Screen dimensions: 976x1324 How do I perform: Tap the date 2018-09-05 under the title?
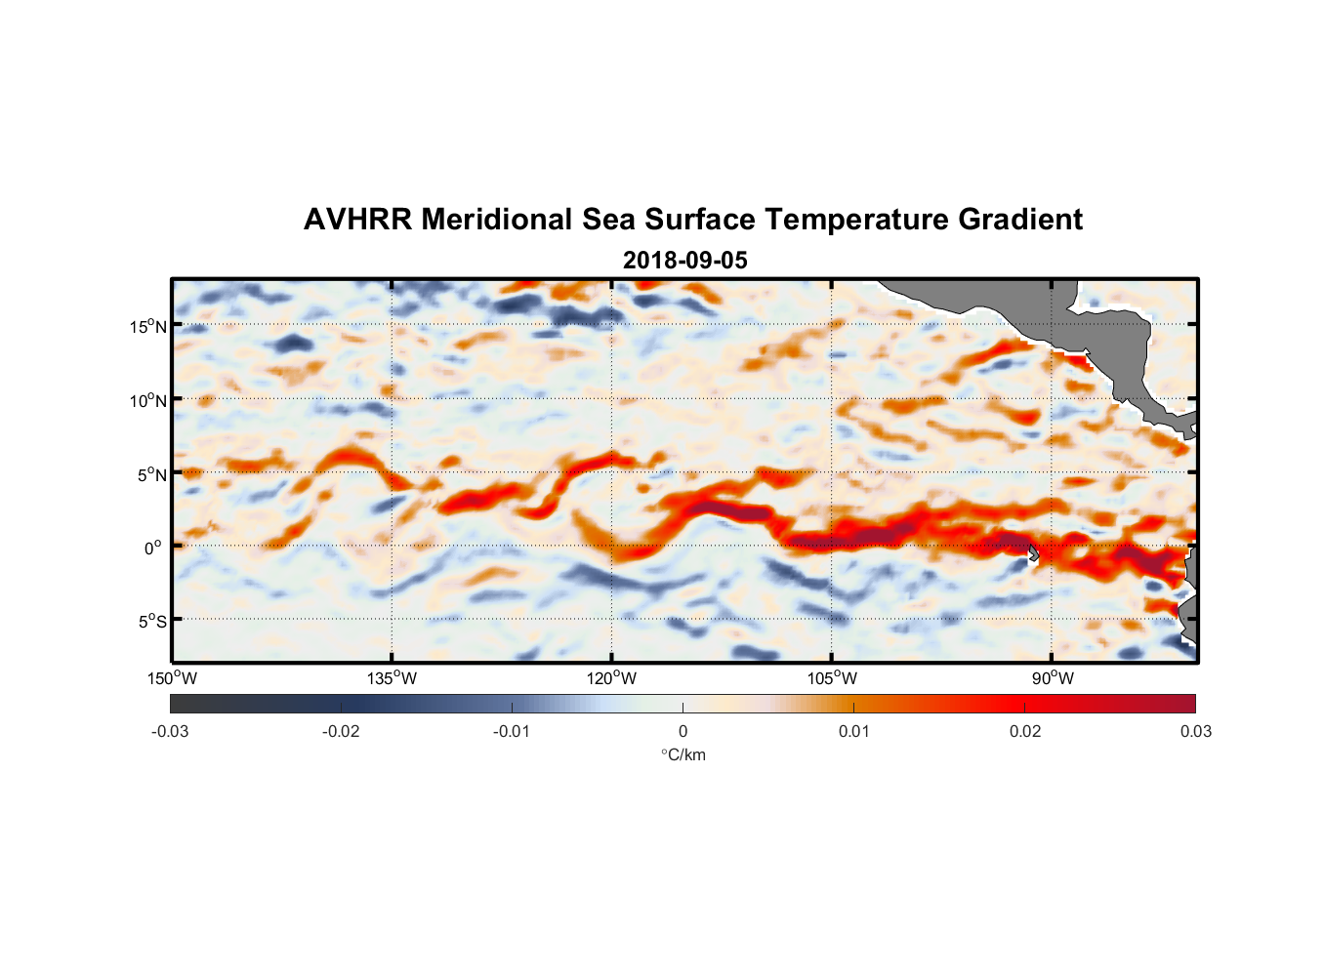[x=684, y=261]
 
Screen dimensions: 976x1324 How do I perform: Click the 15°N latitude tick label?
[x=148, y=326]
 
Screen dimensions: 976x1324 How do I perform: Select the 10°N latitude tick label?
[x=148, y=400]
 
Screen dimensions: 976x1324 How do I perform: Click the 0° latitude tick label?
[x=153, y=548]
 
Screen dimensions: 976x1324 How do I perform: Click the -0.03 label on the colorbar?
[x=170, y=732]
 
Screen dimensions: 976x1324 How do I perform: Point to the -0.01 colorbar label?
[x=512, y=732]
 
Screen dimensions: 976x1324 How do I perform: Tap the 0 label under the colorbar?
[x=683, y=732]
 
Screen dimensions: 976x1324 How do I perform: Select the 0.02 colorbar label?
[x=1025, y=732]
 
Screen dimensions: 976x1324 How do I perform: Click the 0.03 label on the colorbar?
[x=1195, y=732]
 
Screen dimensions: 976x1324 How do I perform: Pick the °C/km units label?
[x=683, y=754]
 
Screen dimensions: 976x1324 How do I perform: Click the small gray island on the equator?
[x=1033, y=553]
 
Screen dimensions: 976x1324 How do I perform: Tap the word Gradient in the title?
[x=1020, y=220]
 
